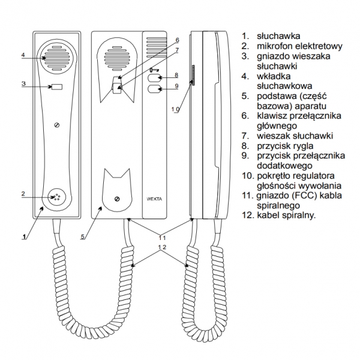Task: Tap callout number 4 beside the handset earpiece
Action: click(22, 56)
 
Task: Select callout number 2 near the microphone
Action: click(22, 193)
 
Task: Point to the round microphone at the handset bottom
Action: click(56, 196)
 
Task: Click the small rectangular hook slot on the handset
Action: click(56, 88)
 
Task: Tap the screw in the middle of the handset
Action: click(56, 125)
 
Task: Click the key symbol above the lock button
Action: click(154, 70)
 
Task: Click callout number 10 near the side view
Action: click(175, 110)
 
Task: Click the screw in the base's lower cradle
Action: click(116, 199)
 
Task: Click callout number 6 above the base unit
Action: click(178, 40)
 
